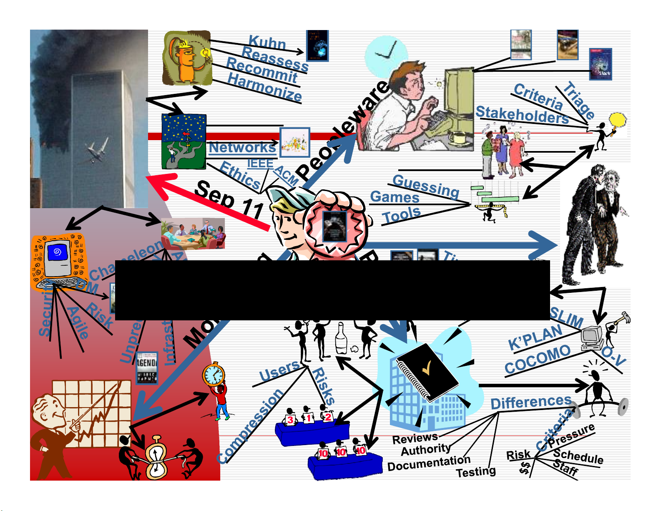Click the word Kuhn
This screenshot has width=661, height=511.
(x=267, y=43)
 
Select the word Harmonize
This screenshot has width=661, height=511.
(x=265, y=87)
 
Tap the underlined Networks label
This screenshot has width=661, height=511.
(x=242, y=147)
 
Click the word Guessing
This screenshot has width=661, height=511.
(x=426, y=186)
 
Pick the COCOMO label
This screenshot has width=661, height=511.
(x=537, y=359)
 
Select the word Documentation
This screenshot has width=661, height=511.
(x=429, y=463)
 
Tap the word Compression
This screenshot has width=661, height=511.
(x=250, y=426)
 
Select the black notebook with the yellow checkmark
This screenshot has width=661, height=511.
(x=427, y=371)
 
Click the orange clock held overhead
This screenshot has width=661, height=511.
(x=214, y=375)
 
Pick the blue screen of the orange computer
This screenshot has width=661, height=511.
(x=58, y=252)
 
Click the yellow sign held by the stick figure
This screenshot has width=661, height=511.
(x=618, y=120)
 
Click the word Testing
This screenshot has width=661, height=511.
(x=476, y=472)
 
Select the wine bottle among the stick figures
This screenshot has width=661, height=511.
(x=341, y=339)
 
